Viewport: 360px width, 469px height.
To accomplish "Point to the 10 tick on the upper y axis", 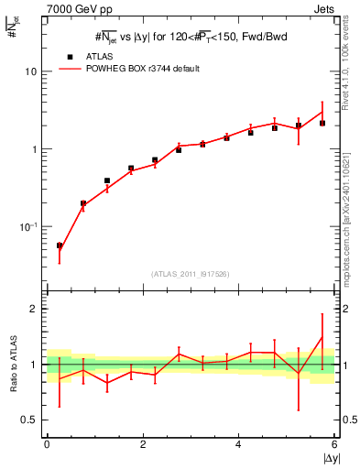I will [30, 71].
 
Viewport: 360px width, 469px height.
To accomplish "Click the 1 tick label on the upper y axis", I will [33, 148].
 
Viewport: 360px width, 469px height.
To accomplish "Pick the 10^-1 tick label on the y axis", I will [28, 225].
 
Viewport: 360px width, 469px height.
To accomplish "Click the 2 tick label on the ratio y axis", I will [33, 309].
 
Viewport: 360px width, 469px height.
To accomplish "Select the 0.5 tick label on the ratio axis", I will [28, 420].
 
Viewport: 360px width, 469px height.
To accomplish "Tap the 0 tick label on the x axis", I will [47, 444].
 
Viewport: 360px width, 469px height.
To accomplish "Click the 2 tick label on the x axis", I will [143, 444].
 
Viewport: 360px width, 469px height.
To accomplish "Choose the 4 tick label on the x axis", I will [238, 444].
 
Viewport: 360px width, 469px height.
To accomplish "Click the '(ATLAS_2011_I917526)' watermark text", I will [191, 273].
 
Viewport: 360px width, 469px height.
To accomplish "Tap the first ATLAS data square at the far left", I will [60, 245].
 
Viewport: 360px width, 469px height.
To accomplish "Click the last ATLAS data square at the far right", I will [322, 123].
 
